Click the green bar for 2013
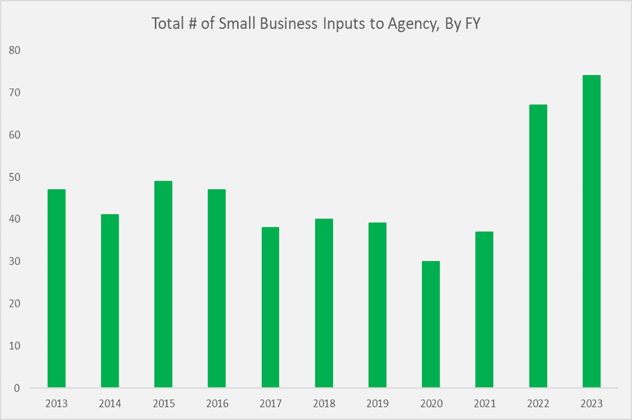point(56,289)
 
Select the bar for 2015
point(163,284)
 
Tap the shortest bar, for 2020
point(430,324)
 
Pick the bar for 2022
point(538,246)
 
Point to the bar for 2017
point(270,307)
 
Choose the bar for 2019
point(377,305)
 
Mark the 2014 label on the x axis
point(110,404)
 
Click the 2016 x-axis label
point(217,404)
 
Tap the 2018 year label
point(323,404)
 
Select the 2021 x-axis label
point(484,404)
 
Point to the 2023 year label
point(591,404)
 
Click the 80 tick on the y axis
point(14,50)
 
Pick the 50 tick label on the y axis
point(14,177)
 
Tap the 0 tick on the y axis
point(17,388)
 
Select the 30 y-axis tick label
point(14,261)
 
